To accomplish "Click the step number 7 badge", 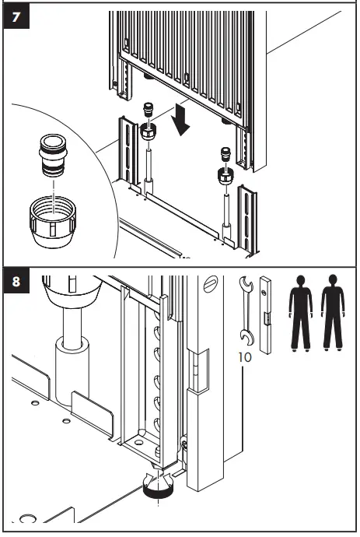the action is [x=16, y=16].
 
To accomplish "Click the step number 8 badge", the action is [x=16, y=281].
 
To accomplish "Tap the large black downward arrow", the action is [x=181, y=120].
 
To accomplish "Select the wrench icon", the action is [x=246, y=311].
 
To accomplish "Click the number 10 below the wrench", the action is [x=245, y=357].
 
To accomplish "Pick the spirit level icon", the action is [x=265, y=315].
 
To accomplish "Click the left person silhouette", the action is [x=301, y=313].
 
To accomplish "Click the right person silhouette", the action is [x=333, y=313].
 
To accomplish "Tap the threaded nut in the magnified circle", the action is [x=53, y=222].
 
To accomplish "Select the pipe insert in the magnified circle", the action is [x=54, y=155].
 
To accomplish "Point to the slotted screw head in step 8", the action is [x=211, y=284].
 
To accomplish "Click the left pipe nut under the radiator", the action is [x=149, y=132].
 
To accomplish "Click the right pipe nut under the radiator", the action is [x=225, y=175].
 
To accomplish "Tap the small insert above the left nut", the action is [x=148, y=110].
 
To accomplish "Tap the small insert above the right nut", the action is [x=225, y=154].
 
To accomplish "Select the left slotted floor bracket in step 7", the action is [x=128, y=151].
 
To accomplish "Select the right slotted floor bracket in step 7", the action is [x=247, y=221].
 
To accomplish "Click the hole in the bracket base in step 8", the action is [x=138, y=443].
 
